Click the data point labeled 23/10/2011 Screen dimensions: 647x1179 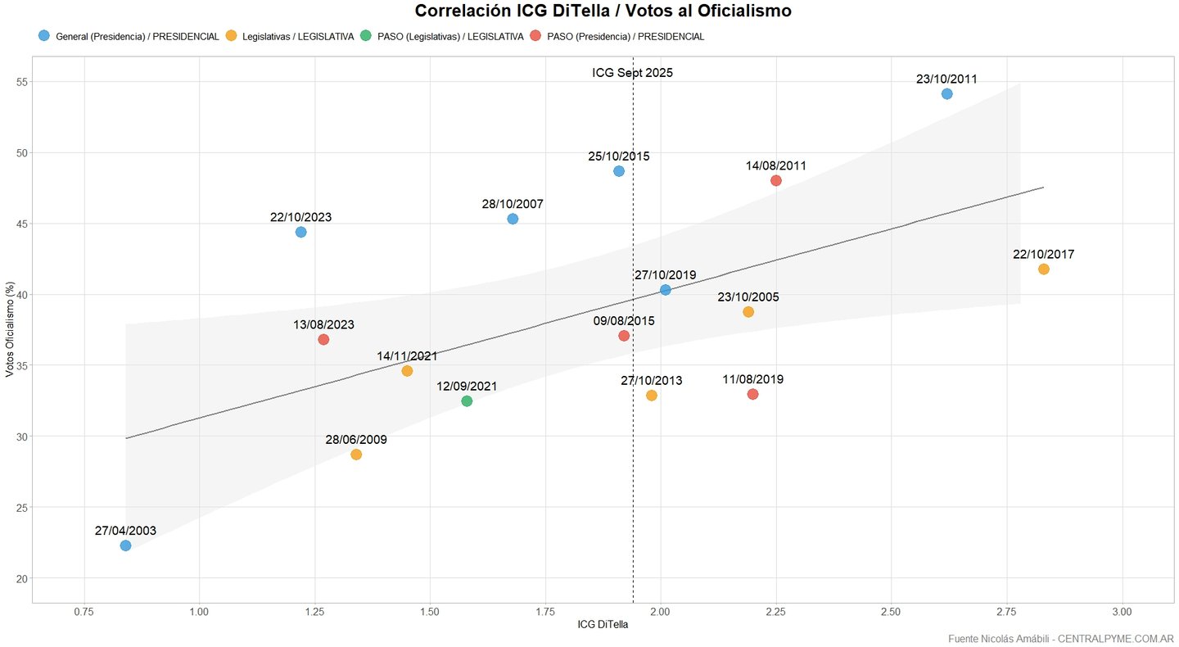point(946,94)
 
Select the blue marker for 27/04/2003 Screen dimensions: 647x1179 point(125,545)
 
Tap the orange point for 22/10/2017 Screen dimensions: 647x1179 point(1043,269)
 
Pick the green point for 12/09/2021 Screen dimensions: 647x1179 point(467,401)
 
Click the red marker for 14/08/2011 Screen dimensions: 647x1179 point(776,180)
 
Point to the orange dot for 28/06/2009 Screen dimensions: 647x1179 point(356,455)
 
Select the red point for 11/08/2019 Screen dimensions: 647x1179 point(753,395)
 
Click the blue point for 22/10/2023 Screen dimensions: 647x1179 point(300,232)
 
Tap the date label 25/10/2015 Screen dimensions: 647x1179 point(619,156)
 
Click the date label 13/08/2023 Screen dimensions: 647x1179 point(323,324)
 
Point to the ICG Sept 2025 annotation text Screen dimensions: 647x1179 point(633,73)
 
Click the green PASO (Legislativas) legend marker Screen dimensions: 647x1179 point(366,36)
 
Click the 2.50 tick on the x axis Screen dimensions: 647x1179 point(891,612)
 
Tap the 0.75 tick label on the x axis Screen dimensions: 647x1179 point(83,612)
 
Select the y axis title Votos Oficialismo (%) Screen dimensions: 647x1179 point(10,330)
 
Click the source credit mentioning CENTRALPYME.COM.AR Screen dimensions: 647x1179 point(1061,638)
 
